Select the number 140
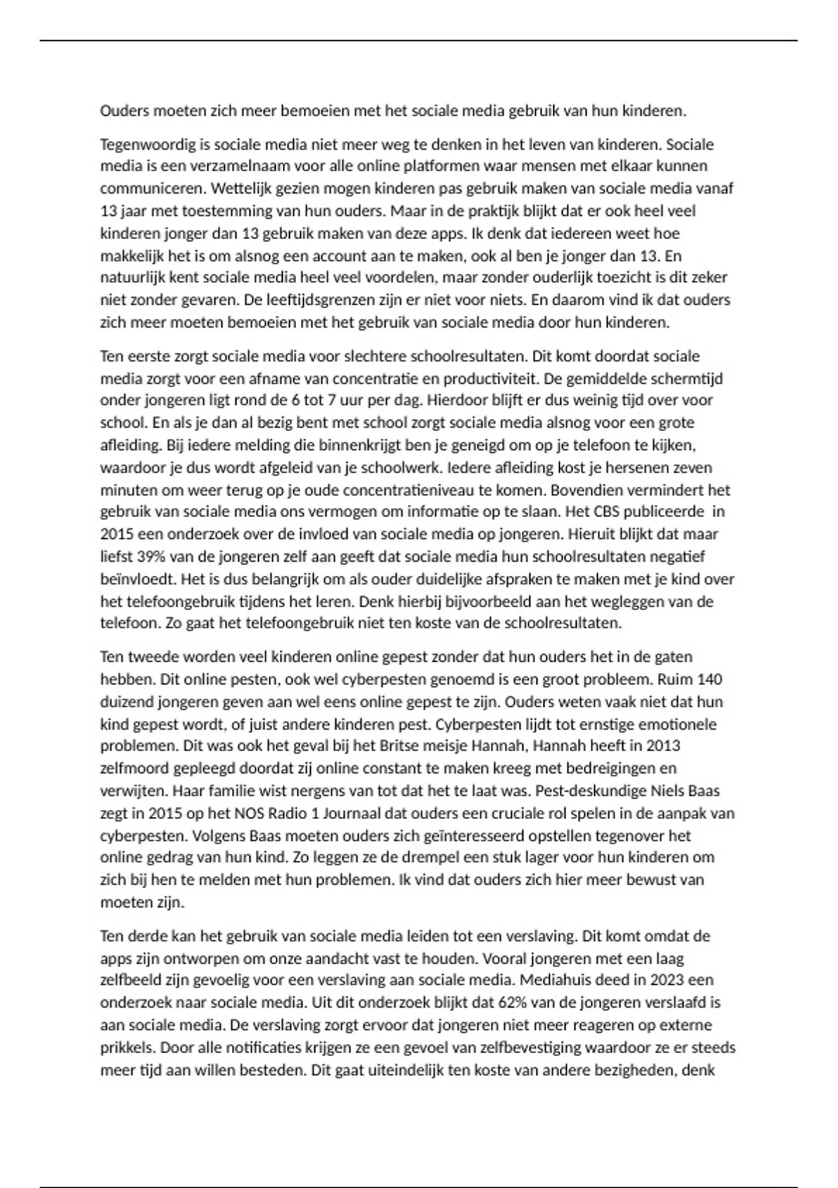tap(710, 679)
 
